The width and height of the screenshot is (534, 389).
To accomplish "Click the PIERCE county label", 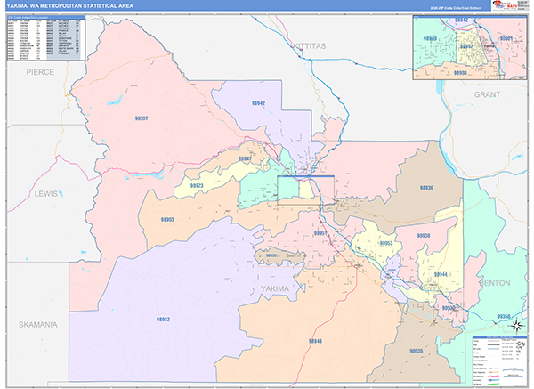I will pos(39,70).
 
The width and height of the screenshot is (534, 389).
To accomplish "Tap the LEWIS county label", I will pos(44,193).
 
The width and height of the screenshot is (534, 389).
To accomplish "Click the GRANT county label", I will pos(489,93).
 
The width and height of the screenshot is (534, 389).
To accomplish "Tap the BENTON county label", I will pos(495,282).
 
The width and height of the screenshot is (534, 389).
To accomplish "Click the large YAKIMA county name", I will pos(276,289).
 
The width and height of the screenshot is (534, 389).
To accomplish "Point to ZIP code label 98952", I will pos(164,318).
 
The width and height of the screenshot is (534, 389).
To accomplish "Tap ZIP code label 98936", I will pos(425,188).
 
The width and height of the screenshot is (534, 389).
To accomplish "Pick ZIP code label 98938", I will pos(423,236).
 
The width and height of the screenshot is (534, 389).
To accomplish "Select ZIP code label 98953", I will pos(385,242).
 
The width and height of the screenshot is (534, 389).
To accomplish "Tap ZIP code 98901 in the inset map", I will pos(506,39).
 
